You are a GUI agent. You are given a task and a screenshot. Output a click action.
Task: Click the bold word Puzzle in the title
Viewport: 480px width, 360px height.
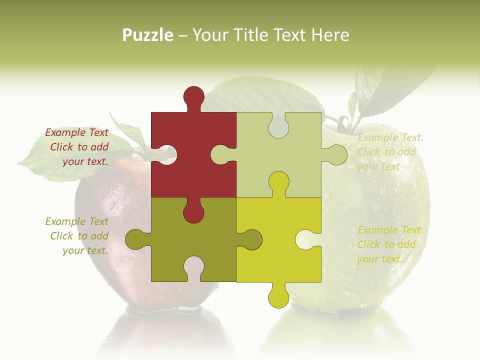[148, 35]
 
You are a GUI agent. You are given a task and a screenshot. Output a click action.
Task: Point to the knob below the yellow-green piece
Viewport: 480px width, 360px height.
[278, 297]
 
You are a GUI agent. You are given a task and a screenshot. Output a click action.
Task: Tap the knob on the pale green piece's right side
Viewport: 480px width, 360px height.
[336, 155]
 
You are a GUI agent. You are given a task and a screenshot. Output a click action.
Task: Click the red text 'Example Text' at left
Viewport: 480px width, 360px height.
[76, 132]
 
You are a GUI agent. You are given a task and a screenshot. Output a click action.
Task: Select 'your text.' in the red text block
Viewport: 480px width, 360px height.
[85, 161]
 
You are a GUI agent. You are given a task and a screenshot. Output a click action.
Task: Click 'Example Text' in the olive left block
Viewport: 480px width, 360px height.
[76, 221]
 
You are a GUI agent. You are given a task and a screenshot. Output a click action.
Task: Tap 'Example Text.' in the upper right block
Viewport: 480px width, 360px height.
[390, 137]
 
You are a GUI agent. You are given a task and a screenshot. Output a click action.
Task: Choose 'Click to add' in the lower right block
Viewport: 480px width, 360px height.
[386, 244]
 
